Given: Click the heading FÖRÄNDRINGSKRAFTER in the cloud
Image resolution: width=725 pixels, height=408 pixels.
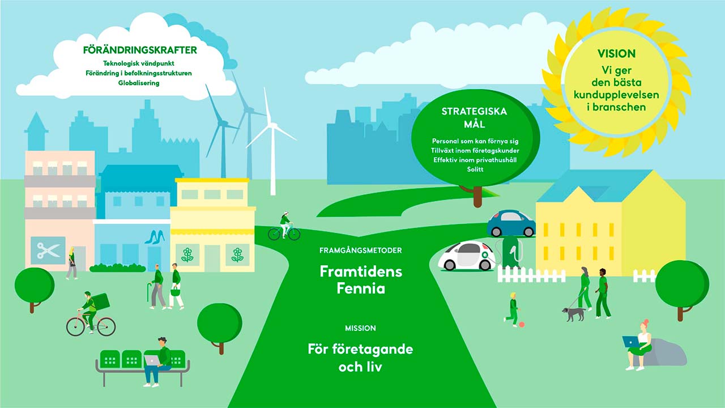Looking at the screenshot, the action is [140, 50].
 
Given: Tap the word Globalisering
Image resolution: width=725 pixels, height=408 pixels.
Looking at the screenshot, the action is [139, 83].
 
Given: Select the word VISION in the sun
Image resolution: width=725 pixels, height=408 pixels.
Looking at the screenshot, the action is [616, 53].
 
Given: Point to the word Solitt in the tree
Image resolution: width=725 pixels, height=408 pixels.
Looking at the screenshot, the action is [475, 169].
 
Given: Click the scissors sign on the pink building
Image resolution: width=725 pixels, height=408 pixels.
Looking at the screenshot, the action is [48, 250].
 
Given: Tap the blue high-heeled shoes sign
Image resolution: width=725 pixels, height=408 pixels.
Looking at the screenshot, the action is [155, 237].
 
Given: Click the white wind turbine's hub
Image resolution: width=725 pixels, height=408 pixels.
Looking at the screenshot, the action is [273, 125].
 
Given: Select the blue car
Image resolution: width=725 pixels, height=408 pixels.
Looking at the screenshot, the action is [511, 223].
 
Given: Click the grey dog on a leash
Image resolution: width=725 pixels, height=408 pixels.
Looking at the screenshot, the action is [574, 314].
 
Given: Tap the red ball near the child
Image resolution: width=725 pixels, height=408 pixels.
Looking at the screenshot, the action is [522, 325].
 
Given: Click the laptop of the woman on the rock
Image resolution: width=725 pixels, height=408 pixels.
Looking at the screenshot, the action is [631, 341].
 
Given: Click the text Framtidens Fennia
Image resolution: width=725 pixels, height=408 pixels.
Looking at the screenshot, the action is [361, 280].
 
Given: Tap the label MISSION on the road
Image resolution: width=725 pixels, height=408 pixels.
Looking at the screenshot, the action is [360, 328].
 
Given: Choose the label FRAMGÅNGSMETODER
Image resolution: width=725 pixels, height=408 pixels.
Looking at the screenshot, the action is [361, 250].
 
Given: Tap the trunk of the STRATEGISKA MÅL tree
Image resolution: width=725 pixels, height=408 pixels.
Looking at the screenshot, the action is [477, 197].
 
